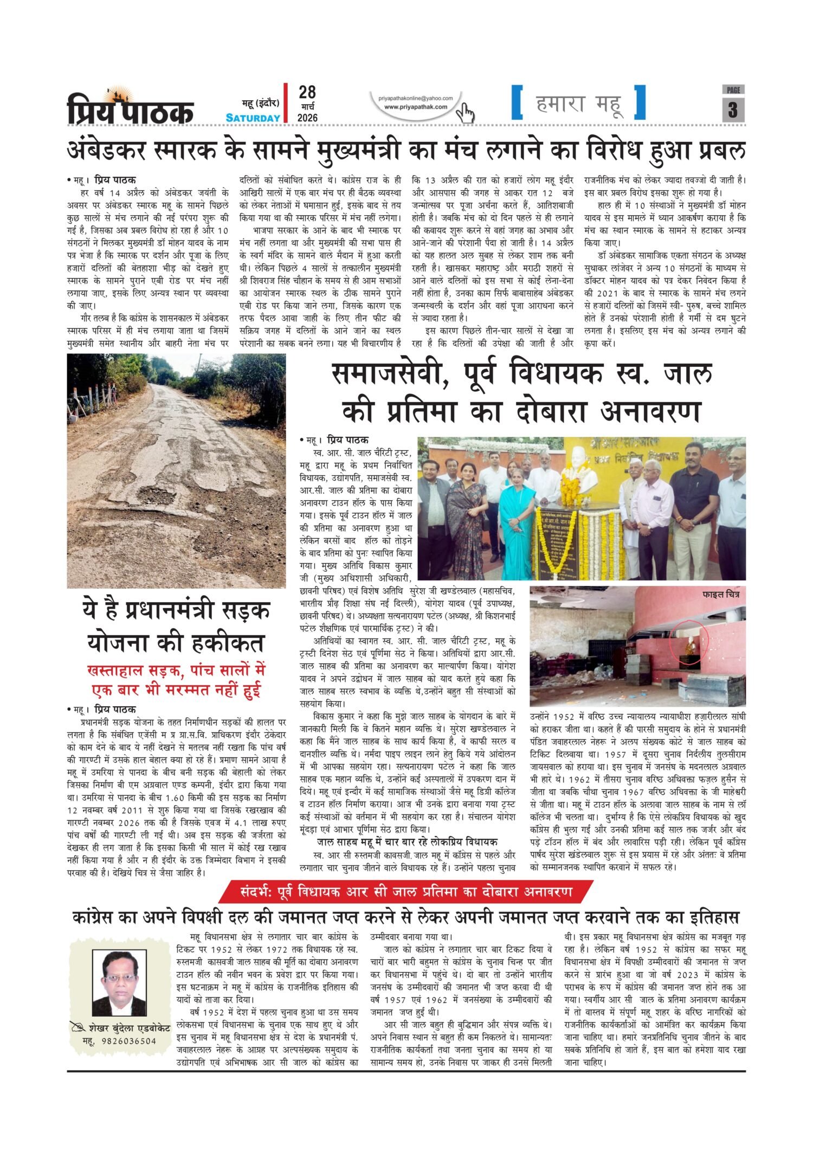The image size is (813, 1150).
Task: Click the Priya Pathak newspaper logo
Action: point(130,107)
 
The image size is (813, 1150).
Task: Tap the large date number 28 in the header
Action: point(307,92)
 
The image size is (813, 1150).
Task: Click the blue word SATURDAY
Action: point(253,118)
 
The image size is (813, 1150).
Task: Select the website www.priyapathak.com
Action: point(416,107)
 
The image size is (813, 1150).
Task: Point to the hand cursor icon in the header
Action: point(465,113)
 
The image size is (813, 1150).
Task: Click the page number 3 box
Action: point(733,109)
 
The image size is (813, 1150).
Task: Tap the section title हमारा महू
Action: point(579,104)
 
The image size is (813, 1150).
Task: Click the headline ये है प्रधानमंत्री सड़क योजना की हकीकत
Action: point(176,628)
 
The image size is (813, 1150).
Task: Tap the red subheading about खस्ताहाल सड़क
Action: point(176,681)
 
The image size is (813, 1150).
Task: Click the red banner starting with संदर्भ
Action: point(406,891)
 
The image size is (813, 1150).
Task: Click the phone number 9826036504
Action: point(129,1041)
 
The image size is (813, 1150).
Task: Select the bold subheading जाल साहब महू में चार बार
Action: point(406,842)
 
